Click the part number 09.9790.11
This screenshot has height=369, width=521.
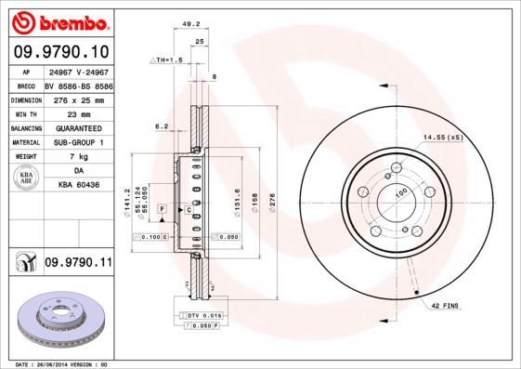[78, 264]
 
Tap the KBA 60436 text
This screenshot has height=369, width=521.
[77, 186]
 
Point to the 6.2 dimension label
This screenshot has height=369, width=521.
[161, 126]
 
